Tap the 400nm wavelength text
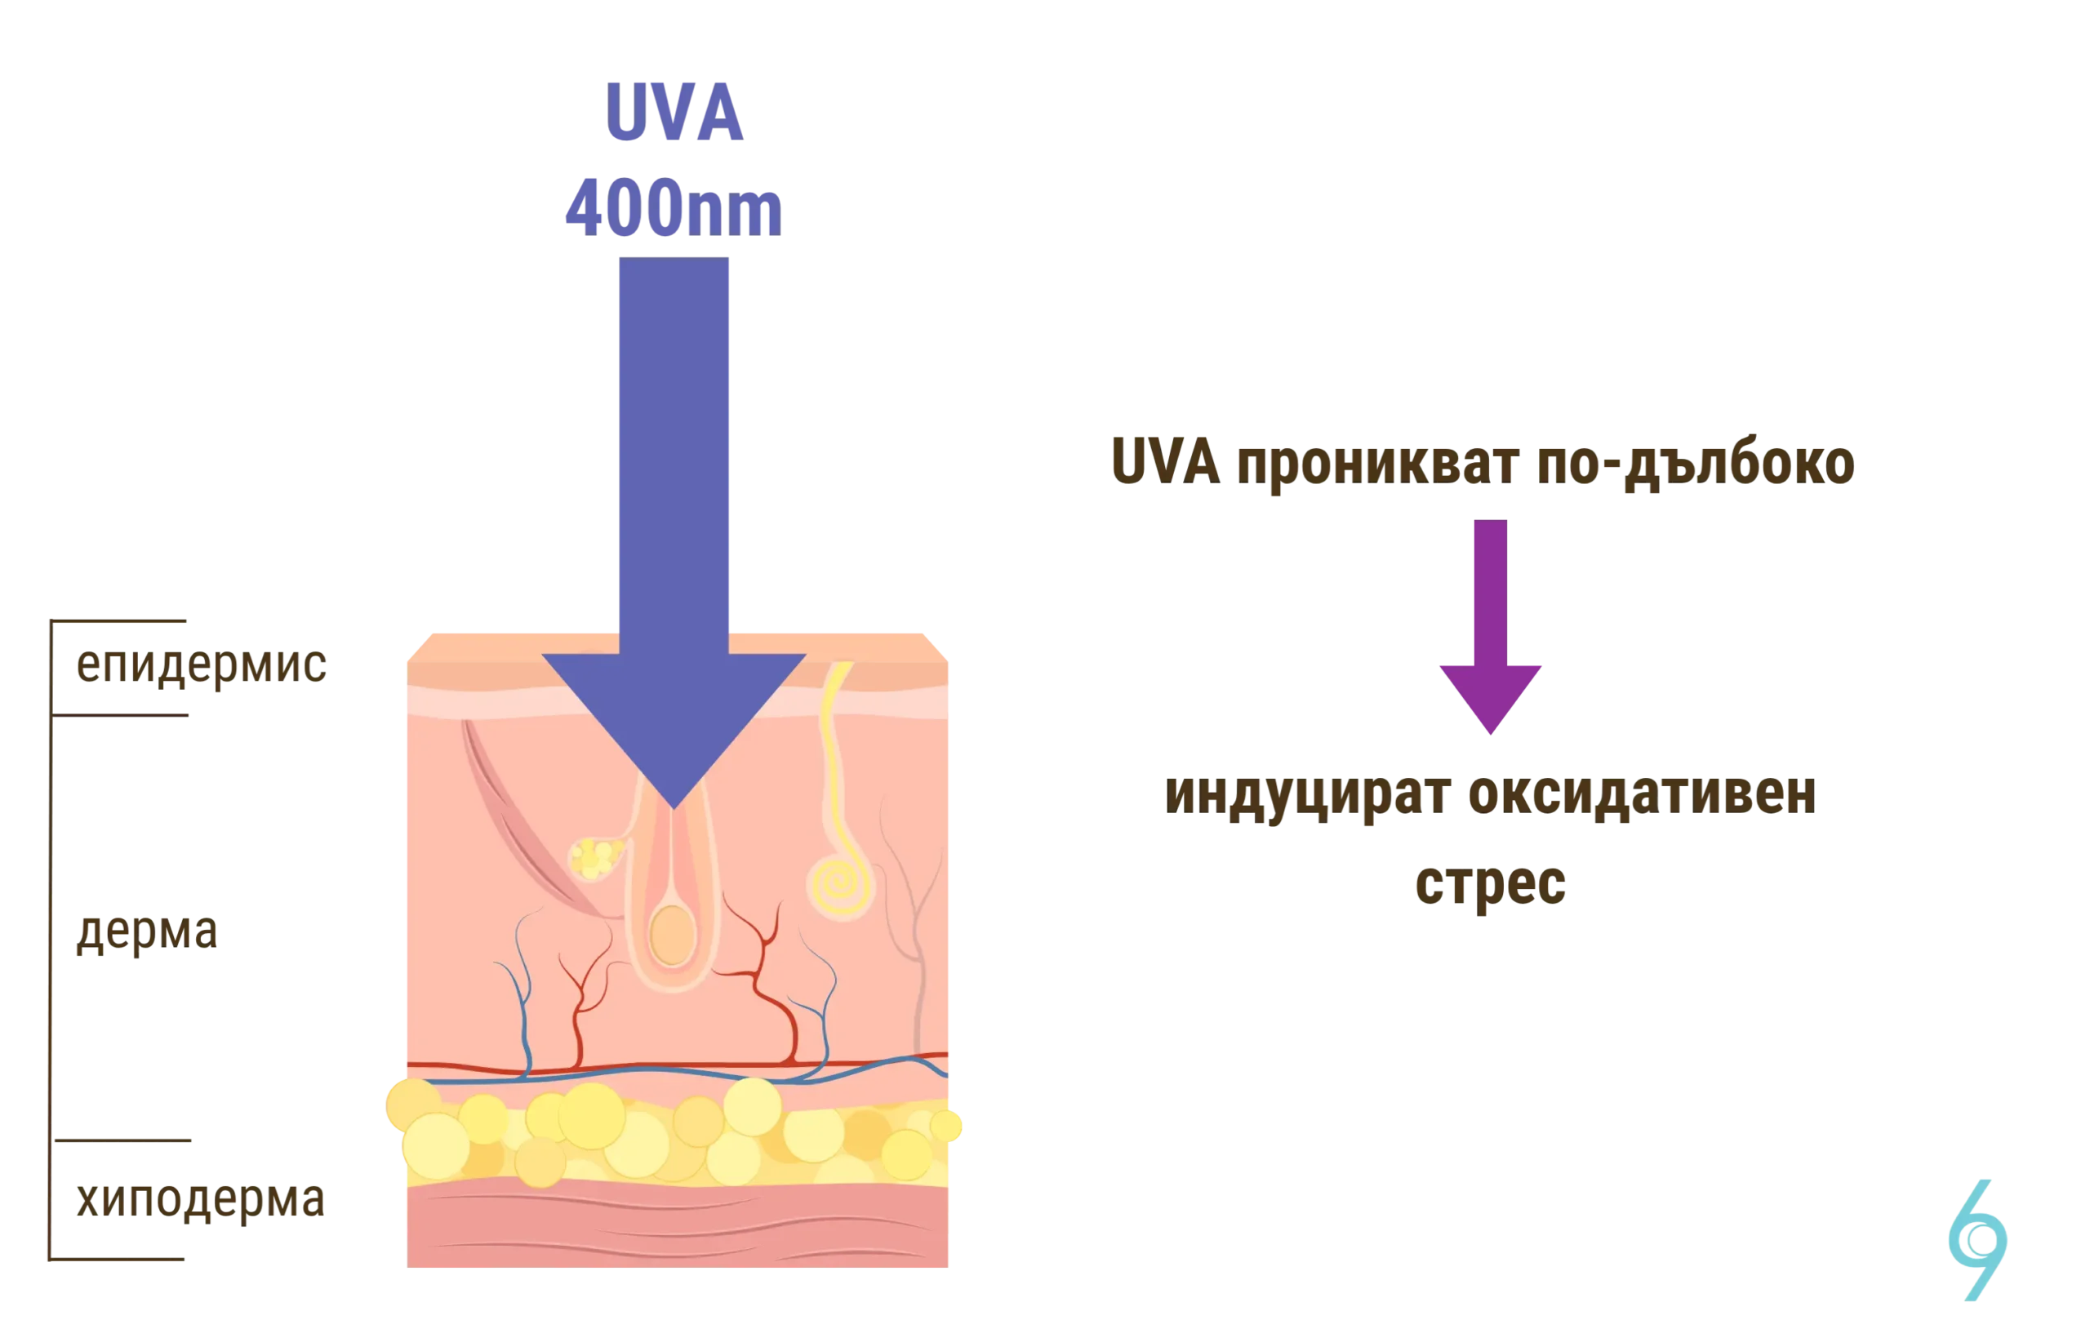point(673,209)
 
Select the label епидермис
point(199,667)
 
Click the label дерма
point(147,933)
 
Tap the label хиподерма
point(199,1202)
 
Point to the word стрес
point(1490,887)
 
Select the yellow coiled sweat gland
point(840,884)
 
